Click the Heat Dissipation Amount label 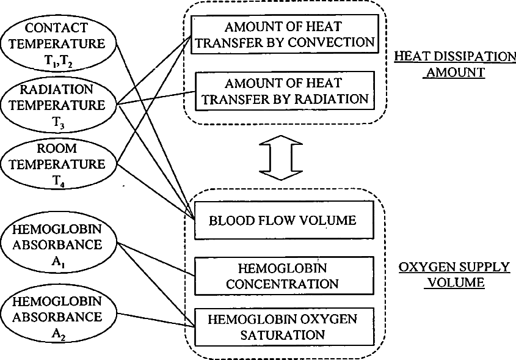454,64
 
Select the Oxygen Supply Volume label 454,275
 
